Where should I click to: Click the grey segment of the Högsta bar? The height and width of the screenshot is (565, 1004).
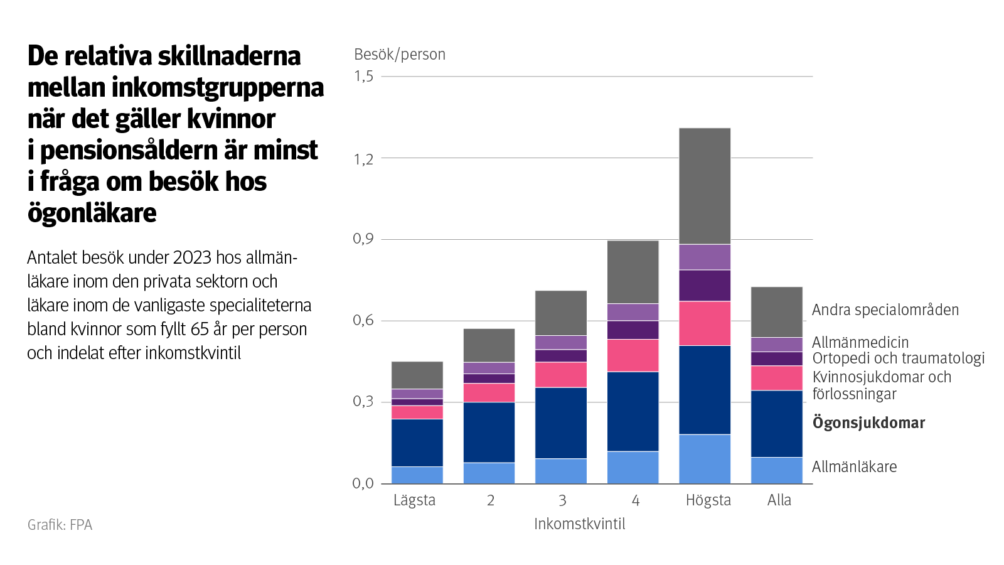click(705, 186)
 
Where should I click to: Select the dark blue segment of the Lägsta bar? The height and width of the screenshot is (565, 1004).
click(417, 443)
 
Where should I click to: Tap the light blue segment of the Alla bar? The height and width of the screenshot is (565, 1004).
click(777, 470)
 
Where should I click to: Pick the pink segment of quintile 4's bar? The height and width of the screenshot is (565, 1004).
click(633, 355)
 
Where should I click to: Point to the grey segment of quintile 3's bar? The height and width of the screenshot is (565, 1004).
click(560, 313)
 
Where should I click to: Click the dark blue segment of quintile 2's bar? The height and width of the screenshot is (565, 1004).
click(489, 432)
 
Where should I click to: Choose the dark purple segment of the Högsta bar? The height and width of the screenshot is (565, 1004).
click(705, 286)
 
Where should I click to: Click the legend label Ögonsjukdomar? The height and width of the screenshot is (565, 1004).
click(868, 422)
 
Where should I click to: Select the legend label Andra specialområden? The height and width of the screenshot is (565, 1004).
click(885, 309)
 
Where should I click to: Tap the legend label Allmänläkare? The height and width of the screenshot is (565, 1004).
click(854, 466)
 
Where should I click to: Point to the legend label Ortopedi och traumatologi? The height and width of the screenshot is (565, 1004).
click(898, 358)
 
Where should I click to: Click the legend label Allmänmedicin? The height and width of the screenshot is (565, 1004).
click(860, 342)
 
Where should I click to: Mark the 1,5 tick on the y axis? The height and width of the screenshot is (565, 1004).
click(363, 76)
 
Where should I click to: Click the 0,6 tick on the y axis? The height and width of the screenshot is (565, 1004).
click(363, 320)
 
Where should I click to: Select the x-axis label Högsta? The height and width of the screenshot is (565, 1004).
click(708, 500)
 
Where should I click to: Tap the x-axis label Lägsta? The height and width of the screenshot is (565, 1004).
click(414, 500)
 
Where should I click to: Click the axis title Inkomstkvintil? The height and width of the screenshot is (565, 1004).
click(579, 524)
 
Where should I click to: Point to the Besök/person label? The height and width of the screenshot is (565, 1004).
click(400, 55)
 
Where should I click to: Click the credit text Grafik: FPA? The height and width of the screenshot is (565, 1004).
click(60, 525)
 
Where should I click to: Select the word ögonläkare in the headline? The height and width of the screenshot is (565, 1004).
click(92, 213)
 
